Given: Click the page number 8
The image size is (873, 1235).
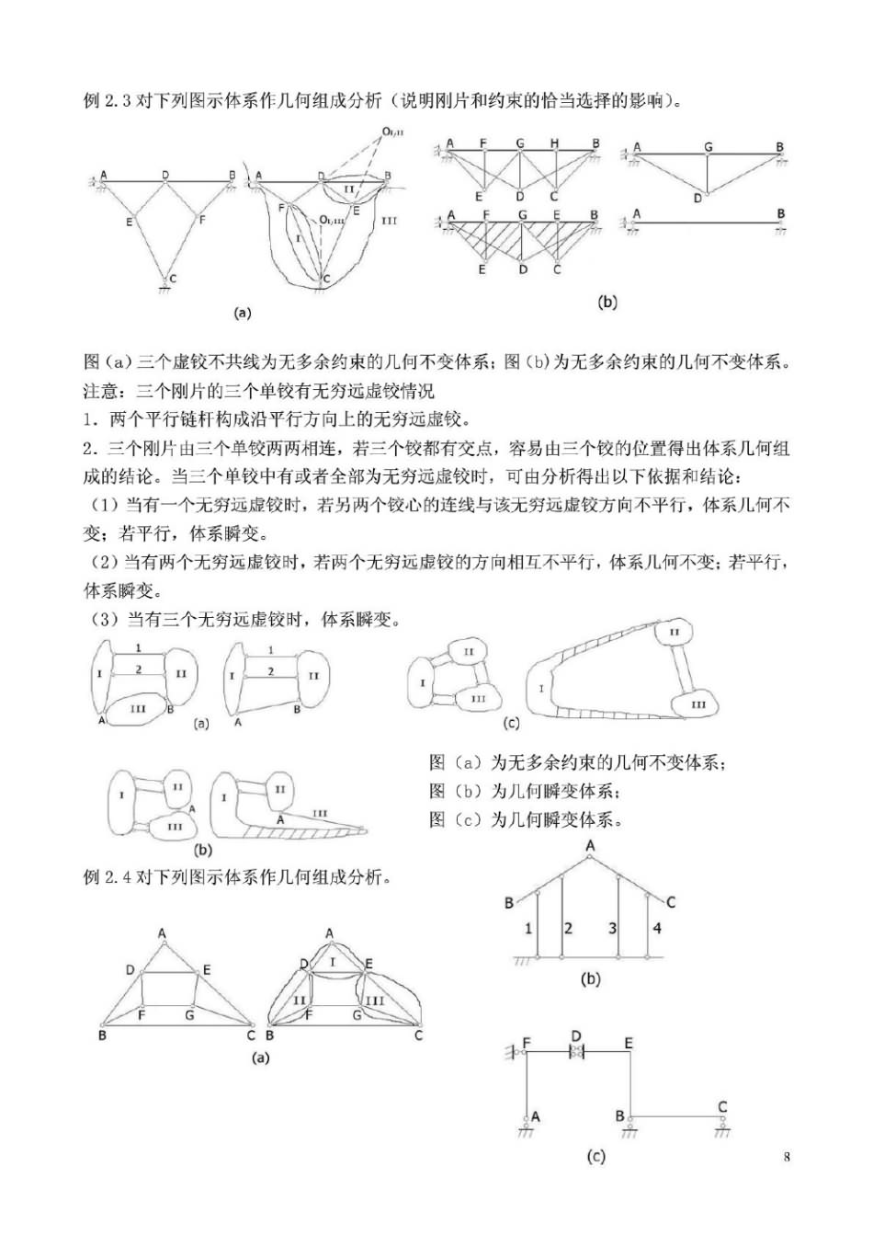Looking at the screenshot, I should (x=787, y=1156).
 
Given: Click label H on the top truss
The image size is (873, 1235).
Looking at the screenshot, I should (x=555, y=143).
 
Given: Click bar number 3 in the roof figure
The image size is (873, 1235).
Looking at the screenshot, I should (x=612, y=928).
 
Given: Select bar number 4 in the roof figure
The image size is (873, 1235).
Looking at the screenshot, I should (x=657, y=928).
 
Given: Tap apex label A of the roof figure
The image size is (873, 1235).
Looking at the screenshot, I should (x=590, y=845).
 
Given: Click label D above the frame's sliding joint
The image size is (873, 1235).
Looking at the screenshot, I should (x=576, y=1037).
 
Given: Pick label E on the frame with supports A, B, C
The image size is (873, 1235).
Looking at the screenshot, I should (x=629, y=1043).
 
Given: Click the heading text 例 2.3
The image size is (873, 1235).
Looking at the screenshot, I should (x=108, y=100).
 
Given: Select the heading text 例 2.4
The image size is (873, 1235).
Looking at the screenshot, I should (x=108, y=876).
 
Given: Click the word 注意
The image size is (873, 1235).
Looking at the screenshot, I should (x=101, y=391).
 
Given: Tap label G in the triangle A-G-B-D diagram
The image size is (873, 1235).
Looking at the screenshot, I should (x=708, y=147).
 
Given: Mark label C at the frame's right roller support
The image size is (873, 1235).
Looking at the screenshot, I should (x=722, y=1107).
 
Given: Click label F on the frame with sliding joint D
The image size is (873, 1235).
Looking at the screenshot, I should (x=527, y=1043).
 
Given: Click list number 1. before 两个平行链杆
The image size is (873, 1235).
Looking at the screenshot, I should (x=90, y=420).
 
